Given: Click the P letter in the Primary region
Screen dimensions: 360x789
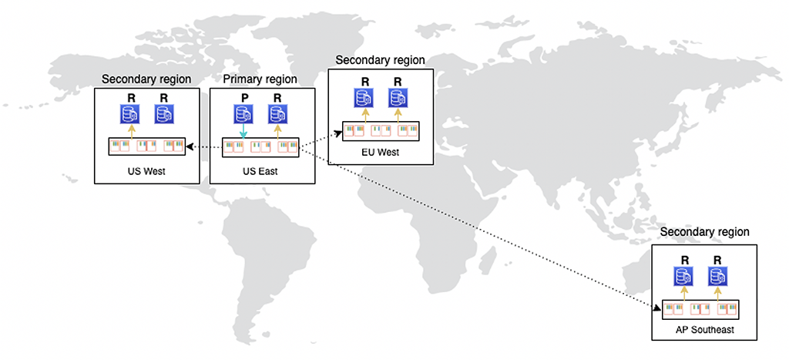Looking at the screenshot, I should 243,98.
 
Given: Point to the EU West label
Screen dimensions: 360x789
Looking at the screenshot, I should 381,152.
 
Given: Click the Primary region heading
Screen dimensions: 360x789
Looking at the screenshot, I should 260,79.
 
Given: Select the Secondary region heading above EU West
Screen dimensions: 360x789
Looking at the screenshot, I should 380,60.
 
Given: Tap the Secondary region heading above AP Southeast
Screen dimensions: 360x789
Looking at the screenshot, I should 704,231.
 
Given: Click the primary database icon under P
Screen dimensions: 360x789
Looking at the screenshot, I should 243,115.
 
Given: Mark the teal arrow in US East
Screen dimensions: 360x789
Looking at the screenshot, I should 243,133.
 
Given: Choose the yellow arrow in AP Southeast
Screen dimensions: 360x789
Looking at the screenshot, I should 683,292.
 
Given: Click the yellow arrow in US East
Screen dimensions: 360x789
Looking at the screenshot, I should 277,132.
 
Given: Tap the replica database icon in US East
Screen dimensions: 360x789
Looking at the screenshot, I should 277,115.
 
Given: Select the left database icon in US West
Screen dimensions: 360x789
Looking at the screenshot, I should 129,115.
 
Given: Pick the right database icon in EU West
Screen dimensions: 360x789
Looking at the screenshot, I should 398,98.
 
